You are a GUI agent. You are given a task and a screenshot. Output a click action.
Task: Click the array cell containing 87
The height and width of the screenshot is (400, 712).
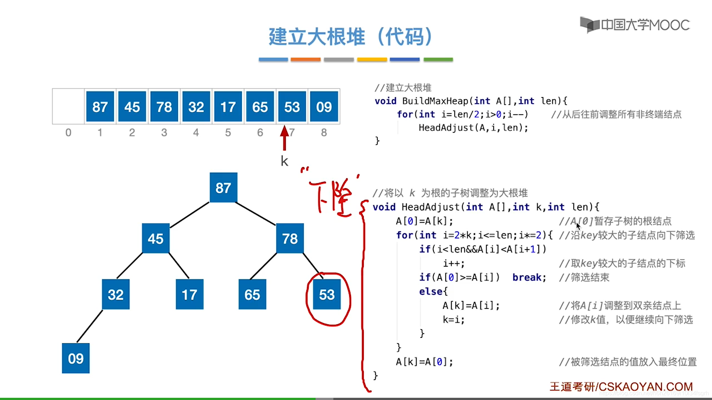pyautogui.click(x=100, y=107)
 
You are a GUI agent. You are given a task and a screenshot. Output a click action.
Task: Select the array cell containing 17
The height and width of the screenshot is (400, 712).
pyautogui.click(x=228, y=107)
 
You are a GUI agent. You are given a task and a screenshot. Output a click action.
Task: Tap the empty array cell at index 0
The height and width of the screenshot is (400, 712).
pyautogui.click(x=68, y=106)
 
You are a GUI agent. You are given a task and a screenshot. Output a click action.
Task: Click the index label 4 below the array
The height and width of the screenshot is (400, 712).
pyautogui.click(x=196, y=133)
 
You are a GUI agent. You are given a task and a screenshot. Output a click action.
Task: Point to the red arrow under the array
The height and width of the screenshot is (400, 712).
pyautogui.click(x=284, y=137)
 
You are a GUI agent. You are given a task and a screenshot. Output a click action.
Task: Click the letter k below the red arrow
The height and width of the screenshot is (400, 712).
pyautogui.click(x=284, y=161)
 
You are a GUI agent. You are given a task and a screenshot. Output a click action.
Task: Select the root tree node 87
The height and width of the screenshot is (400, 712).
pyautogui.click(x=223, y=188)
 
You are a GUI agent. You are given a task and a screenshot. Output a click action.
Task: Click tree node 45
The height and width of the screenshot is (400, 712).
pyautogui.click(x=156, y=239)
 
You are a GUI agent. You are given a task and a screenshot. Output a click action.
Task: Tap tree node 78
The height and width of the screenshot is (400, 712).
pyautogui.click(x=290, y=239)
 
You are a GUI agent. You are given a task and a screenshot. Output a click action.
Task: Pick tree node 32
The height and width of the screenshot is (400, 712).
pyautogui.click(x=116, y=294)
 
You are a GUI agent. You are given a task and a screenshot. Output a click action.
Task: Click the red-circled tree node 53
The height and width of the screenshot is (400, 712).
pyautogui.click(x=327, y=295)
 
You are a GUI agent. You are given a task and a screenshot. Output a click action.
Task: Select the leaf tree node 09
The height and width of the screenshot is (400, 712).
pyautogui.click(x=76, y=359)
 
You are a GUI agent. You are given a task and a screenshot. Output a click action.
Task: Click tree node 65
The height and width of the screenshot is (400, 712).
pyautogui.click(x=252, y=295)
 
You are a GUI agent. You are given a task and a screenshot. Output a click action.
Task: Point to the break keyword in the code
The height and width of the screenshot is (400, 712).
pyautogui.click(x=529, y=277)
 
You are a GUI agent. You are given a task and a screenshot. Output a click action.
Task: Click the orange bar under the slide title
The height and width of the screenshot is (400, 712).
pyautogui.click(x=306, y=59)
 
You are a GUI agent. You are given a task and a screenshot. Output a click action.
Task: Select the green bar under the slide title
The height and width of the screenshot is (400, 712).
pyautogui.click(x=438, y=59)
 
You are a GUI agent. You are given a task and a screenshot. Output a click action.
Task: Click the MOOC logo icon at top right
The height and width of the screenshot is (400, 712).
pyautogui.click(x=590, y=25)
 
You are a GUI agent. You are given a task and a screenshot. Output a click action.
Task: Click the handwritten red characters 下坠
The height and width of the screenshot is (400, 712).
pyautogui.click(x=332, y=196)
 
